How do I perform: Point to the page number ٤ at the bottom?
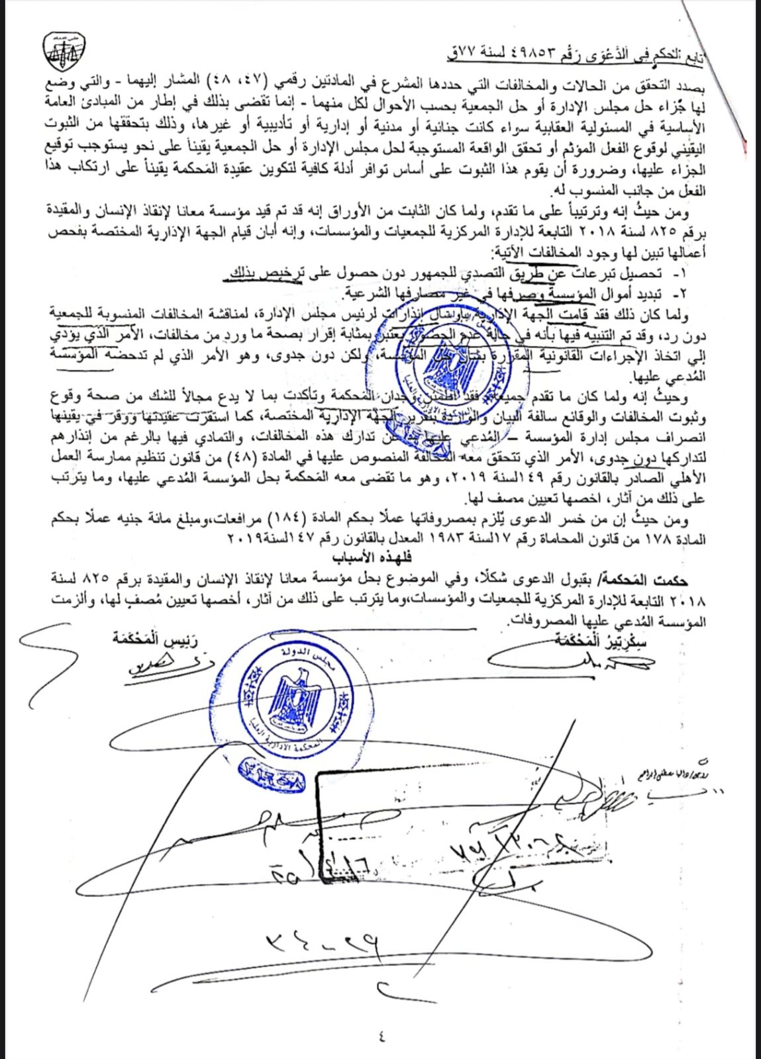(383, 1034)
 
